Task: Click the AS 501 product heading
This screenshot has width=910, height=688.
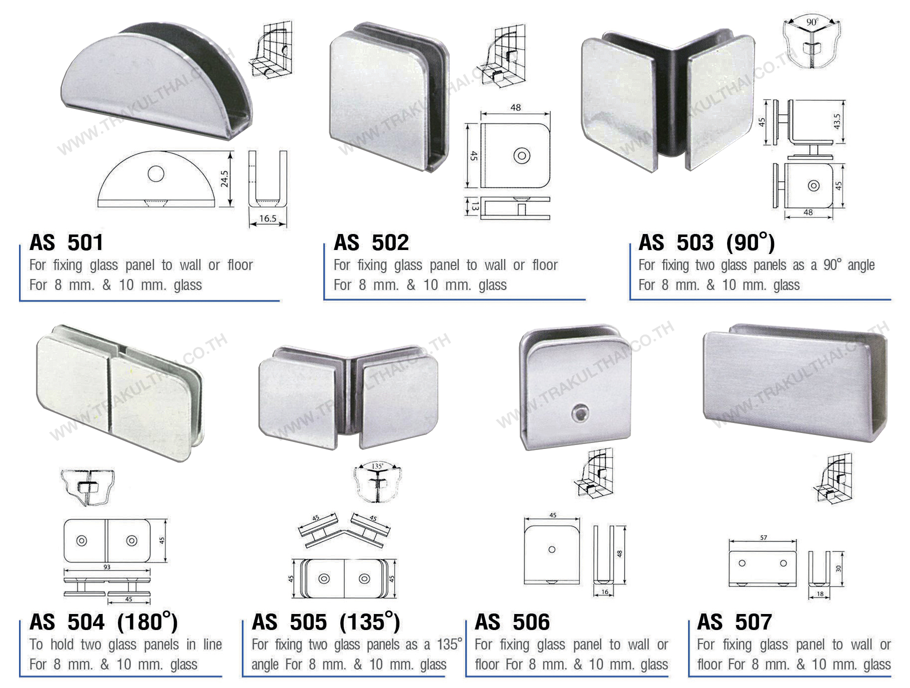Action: (66, 243)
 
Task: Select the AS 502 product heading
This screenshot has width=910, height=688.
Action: (371, 243)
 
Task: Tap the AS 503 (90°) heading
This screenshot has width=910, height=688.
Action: (707, 242)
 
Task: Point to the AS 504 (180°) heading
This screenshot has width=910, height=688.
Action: (103, 622)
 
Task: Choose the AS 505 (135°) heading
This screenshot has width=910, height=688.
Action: (326, 622)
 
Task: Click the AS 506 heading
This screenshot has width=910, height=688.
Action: (512, 622)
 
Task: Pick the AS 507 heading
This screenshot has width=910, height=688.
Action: (735, 622)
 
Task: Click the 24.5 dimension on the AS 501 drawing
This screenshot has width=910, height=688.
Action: (224, 179)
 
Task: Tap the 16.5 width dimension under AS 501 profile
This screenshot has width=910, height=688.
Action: (268, 218)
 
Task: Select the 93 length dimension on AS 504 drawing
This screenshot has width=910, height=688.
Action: (107, 567)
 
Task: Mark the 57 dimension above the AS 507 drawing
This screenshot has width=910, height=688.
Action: (764, 538)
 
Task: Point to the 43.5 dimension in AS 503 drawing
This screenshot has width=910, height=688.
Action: (837, 121)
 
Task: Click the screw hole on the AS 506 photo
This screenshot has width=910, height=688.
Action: (580, 413)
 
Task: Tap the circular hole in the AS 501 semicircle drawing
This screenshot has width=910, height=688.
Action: (156, 173)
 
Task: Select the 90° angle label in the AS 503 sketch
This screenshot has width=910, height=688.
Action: (812, 22)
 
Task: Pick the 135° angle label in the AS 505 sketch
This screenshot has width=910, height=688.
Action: (377, 466)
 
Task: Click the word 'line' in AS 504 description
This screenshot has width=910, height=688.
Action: (212, 644)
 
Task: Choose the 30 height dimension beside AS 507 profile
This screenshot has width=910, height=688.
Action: (838, 568)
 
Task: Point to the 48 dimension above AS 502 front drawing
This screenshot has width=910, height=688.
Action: (516, 107)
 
